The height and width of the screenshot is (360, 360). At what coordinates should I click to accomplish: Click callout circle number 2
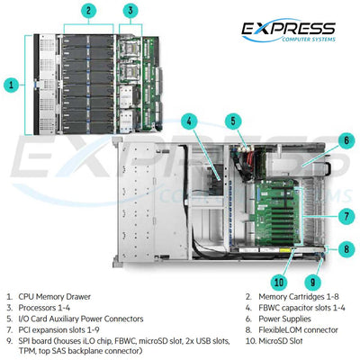pyautogui.click(x=87, y=12)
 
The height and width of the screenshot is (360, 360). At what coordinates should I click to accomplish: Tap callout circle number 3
pyautogui.click(x=130, y=12)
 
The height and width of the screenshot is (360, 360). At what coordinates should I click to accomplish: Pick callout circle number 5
pyautogui.click(x=232, y=120)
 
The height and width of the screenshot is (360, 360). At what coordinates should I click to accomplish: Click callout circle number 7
pyautogui.click(x=344, y=215)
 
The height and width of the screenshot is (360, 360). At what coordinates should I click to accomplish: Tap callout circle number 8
pyautogui.click(x=344, y=248)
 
